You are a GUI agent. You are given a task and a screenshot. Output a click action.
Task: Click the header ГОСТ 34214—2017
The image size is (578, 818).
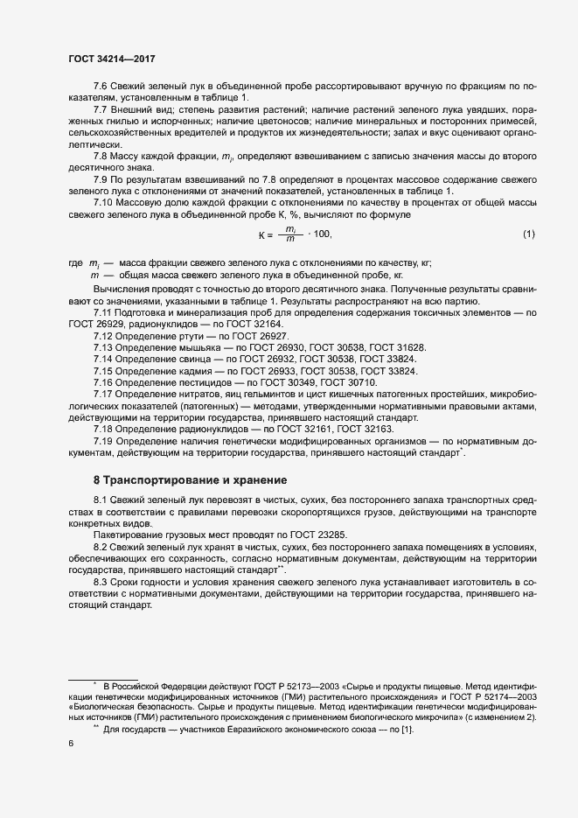(112, 58)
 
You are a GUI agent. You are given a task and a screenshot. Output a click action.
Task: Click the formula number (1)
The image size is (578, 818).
(528, 234)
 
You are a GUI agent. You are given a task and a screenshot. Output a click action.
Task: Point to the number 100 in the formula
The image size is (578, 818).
(323, 234)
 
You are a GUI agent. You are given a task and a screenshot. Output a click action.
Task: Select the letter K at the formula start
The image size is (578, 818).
(261, 234)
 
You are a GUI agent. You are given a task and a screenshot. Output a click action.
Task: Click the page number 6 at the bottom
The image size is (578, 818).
(71, 745)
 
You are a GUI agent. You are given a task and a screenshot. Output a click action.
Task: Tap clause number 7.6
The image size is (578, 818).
(101, 87)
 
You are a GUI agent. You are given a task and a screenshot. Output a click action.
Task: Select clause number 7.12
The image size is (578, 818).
(103, 337)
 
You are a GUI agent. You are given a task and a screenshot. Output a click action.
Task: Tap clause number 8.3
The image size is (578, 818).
(101, 581)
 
